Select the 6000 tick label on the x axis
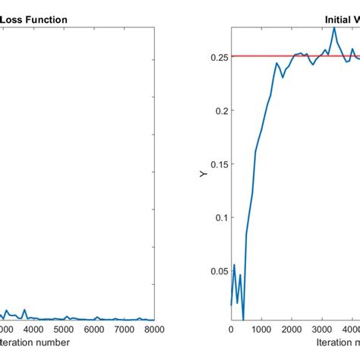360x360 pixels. (x=94, y=330)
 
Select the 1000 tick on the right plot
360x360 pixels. (x=261, y=330)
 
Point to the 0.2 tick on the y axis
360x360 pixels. (x=220, y=110)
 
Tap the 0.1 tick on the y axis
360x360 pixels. (x=220, y=217)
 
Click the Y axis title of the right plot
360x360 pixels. (x=203, y=174)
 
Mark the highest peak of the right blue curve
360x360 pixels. (x=333, y=28)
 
